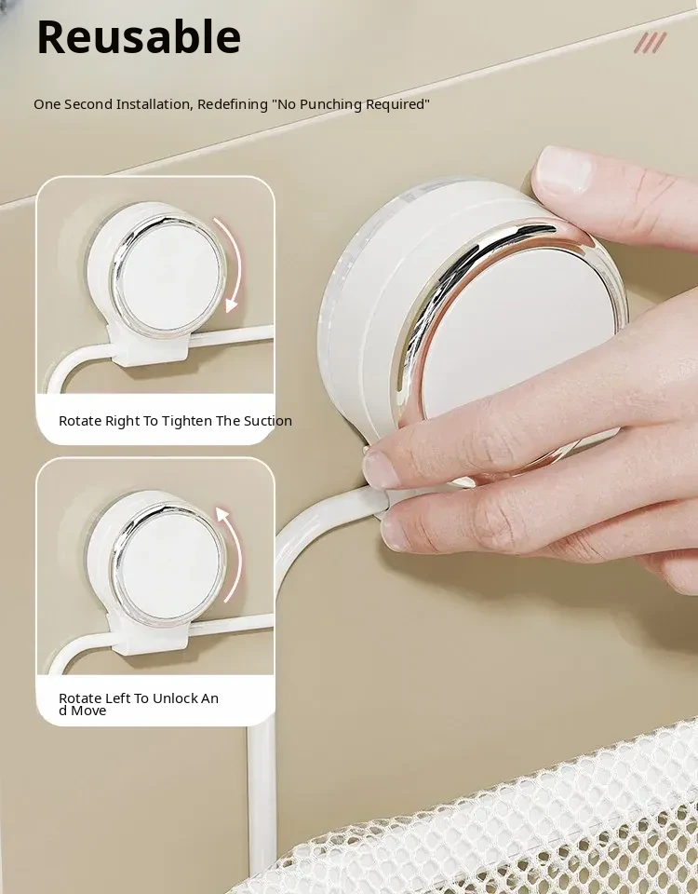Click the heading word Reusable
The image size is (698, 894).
click(x=139, y=37)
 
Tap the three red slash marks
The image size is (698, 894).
click(x=651, y=43)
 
